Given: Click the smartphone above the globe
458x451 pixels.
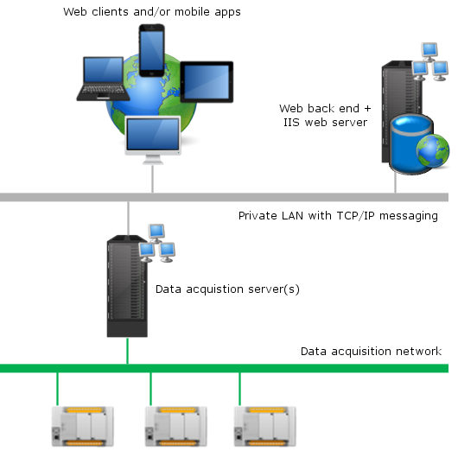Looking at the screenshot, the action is click(x=151, y=50).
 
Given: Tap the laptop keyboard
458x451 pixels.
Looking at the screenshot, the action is click(x=103, y=90).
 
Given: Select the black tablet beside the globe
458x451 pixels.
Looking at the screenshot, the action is click(x=207, y=82).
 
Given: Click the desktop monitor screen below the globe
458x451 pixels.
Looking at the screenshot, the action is click(x=153, y=134).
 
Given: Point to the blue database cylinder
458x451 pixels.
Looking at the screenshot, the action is click(x=410, y=144).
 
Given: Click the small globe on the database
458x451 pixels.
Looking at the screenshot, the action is click(x=433, y=150).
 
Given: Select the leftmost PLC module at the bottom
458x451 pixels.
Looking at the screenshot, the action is click(x=83, y=427).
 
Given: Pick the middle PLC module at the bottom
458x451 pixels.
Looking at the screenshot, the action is click(x=176, y=427).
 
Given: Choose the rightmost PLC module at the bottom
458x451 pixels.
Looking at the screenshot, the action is click(x=265, y=427).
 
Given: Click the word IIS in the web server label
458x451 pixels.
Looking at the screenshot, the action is click(x=291, y=122).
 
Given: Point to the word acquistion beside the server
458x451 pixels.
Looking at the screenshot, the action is click(x=214, y=289).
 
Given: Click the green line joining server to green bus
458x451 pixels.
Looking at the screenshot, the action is click(x=127, y=351).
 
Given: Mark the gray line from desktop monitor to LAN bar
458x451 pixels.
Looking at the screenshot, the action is click(x=152, y=179).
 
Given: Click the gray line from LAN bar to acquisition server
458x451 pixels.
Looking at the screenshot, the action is click(x=128, y=219).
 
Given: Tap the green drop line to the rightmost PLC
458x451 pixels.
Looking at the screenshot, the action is click(x=240, y=389).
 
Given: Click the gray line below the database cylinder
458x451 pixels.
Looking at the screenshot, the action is click(x=395, y=182).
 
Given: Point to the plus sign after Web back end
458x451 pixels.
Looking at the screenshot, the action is click(x=367, y=109).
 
